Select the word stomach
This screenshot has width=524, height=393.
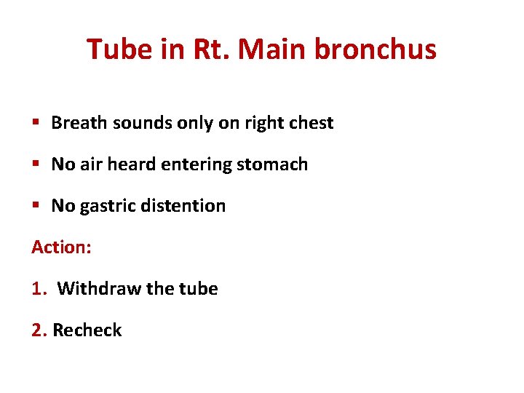point(274,164)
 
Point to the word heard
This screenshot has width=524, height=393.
point(130,164)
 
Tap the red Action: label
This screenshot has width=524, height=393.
point(61,247)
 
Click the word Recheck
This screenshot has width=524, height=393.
point(87,330)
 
